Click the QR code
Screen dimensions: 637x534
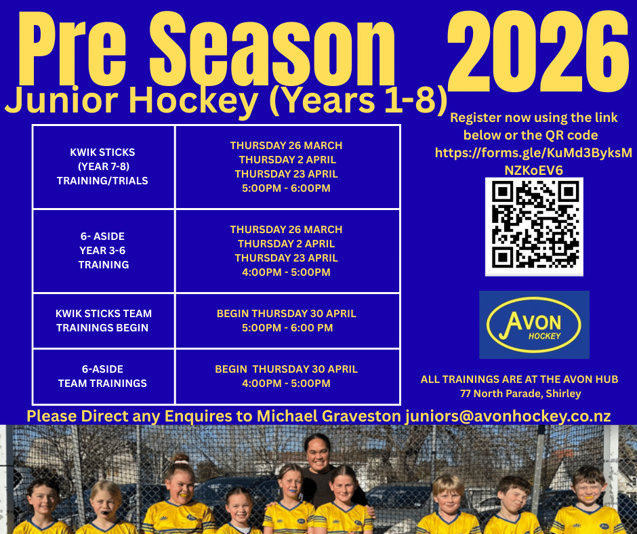point(534,226)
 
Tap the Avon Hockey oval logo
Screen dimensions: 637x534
point(534,325)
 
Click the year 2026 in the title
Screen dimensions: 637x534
point(538,52)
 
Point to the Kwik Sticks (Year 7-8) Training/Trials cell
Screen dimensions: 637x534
point(103,167)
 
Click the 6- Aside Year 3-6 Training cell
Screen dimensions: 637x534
point(103,251)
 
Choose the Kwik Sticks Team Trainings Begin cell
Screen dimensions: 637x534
point(103,321)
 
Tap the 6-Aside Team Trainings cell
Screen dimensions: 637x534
point(103,376)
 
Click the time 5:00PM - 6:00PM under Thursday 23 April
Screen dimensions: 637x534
point(287,188)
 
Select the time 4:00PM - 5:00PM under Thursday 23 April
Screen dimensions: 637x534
point(287,272)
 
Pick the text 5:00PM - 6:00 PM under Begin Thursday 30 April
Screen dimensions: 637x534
point(287,328)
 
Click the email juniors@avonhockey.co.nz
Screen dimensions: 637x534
point(508,416)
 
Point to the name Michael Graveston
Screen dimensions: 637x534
point(329,416)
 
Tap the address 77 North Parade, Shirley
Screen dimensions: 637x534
point(520,394)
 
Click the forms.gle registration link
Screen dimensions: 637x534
point(533,161)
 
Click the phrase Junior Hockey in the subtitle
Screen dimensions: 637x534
point(131,100)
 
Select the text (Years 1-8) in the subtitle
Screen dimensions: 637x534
point(358,100)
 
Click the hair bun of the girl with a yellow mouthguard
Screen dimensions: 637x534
point(179,459)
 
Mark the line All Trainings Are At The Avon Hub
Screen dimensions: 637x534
point(519,379)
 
